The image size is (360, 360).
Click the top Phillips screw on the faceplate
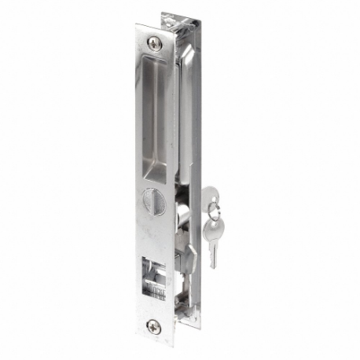155,45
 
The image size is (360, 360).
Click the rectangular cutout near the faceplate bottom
156,275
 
